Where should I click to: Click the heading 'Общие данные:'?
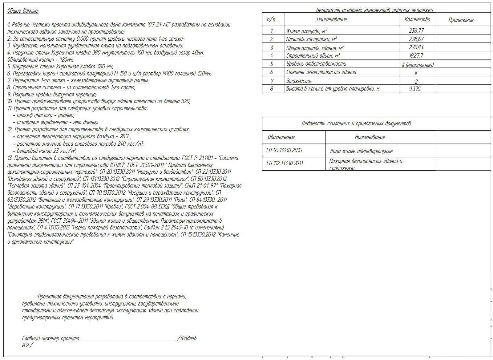pyautogui.click(x=23, y=11)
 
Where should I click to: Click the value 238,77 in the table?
pyautogui.click(x=417, y=30)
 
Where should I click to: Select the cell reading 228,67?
pyautogui.click(x=417, y=39)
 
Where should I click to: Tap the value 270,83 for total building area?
pyautogui.click(x=417, y=47)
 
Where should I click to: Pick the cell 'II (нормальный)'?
pyautogui.click(x=418, y=65)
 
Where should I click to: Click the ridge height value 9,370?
pyautogui.click(x=415, y=89)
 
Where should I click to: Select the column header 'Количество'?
pyautogui.click(x=417, y=19)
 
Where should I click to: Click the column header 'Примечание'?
pyautogui.click(x=461, y=20)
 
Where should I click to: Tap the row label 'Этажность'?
pyautogui.click(x=298, y=81)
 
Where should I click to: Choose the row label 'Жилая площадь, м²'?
pyautogui.click(x=306, y=31)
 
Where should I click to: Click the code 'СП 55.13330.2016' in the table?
pyautogui.click(x=284, y=150)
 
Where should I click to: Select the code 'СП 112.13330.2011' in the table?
pyautogui.click(x=285, y=163)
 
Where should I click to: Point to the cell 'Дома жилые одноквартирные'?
pyautogui.click(x=361, y=151)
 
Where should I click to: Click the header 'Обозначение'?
pyautogui.click(x=281, y=137)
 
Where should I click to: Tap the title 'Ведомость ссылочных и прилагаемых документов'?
pyautogui.click(x=356, y=123)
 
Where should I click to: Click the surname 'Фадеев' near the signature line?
pyautogui.click(x=188, y=338)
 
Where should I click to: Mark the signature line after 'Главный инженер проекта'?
pyautogui.click(x=128, y=340)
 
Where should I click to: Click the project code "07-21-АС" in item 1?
pyautogui.click(x=159, y=25)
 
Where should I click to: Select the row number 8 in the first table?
pyautogui.click(x=272, y=89)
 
